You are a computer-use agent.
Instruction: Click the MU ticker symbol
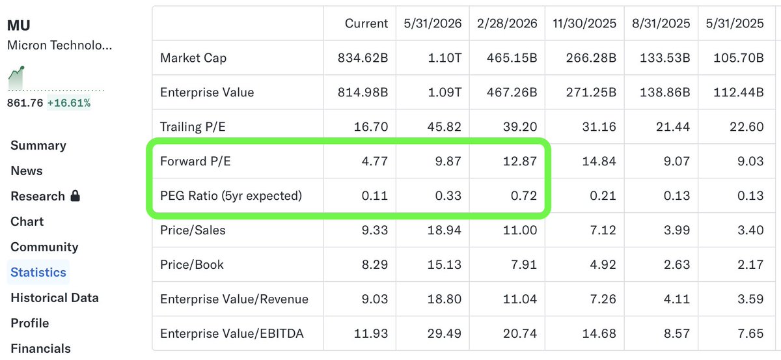19,25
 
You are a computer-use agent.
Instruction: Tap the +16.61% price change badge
69,103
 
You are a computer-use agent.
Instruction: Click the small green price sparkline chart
16,77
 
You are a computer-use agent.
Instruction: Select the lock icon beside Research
75,196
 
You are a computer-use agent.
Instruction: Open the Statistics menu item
38,272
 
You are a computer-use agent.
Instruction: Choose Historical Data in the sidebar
55,298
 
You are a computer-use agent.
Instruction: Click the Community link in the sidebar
45,247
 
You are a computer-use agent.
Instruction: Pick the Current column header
366,23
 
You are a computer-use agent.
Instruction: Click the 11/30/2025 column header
584,23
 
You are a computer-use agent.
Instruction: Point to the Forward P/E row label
195,161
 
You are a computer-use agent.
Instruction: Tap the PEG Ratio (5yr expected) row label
231,196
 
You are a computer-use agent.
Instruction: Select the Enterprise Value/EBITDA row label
232,333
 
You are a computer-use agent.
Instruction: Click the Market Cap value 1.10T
445,58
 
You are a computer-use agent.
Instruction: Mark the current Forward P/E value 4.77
375,161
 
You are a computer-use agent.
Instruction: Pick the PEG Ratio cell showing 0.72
524,196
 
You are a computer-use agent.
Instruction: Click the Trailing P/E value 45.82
444,127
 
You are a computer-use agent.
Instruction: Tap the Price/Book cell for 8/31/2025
677,265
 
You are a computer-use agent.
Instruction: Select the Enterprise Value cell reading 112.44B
739,92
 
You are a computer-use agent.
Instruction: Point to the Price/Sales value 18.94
444,230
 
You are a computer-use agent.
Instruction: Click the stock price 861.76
25,103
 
